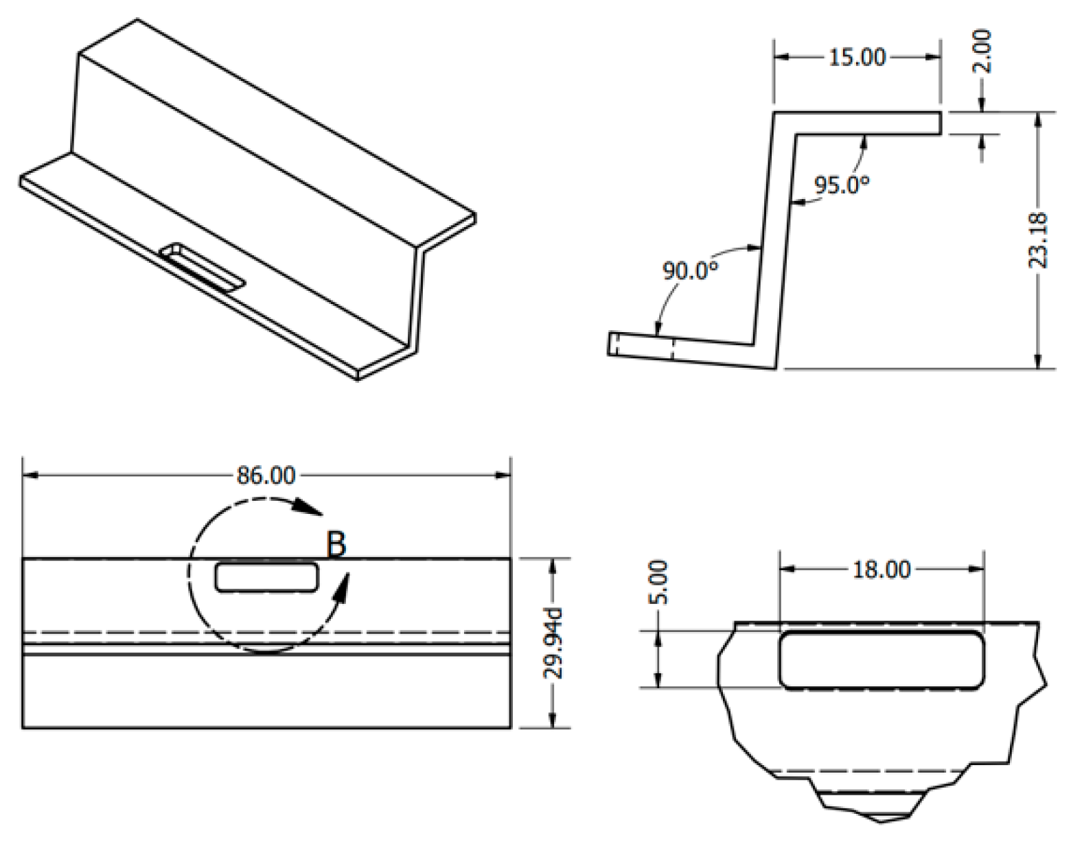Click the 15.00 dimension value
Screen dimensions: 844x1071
857,57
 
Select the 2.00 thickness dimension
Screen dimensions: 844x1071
982,51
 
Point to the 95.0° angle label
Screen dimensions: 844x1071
842,184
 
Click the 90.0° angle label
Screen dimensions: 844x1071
690,270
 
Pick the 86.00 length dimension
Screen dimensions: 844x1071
266,475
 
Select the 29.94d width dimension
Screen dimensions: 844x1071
553,643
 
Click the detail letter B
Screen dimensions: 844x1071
336,545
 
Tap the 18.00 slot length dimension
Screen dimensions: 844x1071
882,569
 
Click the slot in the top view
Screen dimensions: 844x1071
267,577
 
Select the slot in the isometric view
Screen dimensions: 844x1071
203,268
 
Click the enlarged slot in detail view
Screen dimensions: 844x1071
882,659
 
